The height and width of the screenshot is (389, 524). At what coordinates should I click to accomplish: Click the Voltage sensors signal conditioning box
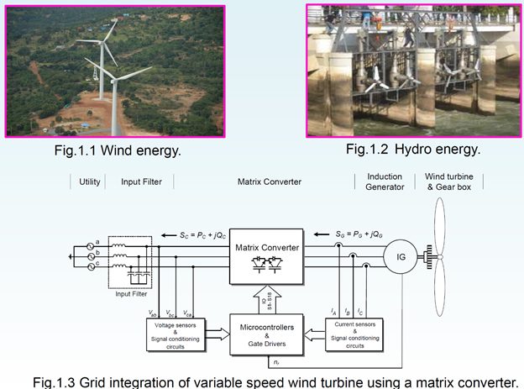click(x=176, y=333)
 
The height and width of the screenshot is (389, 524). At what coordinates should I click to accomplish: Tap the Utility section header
click(x=90, y=181)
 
